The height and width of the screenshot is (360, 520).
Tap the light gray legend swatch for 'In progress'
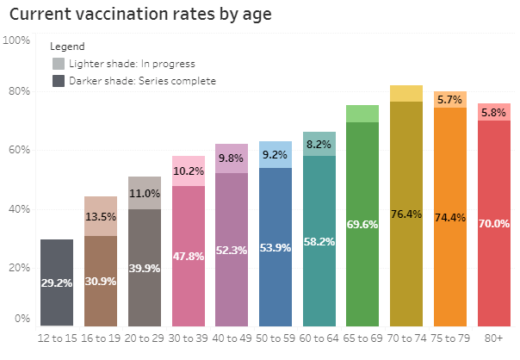59,64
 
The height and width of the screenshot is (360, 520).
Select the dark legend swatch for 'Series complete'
59,81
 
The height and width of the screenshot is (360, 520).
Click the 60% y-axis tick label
18,150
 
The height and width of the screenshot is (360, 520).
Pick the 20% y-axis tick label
18,267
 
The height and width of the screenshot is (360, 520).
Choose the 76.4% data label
407,214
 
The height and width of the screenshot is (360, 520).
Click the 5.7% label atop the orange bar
450,100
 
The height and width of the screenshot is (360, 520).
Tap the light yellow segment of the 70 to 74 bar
407,93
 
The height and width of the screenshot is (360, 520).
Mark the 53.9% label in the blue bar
275,248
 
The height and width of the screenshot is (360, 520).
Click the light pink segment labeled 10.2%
189,171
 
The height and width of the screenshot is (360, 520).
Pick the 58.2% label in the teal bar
319,242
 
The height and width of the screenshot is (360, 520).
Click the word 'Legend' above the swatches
67,47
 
